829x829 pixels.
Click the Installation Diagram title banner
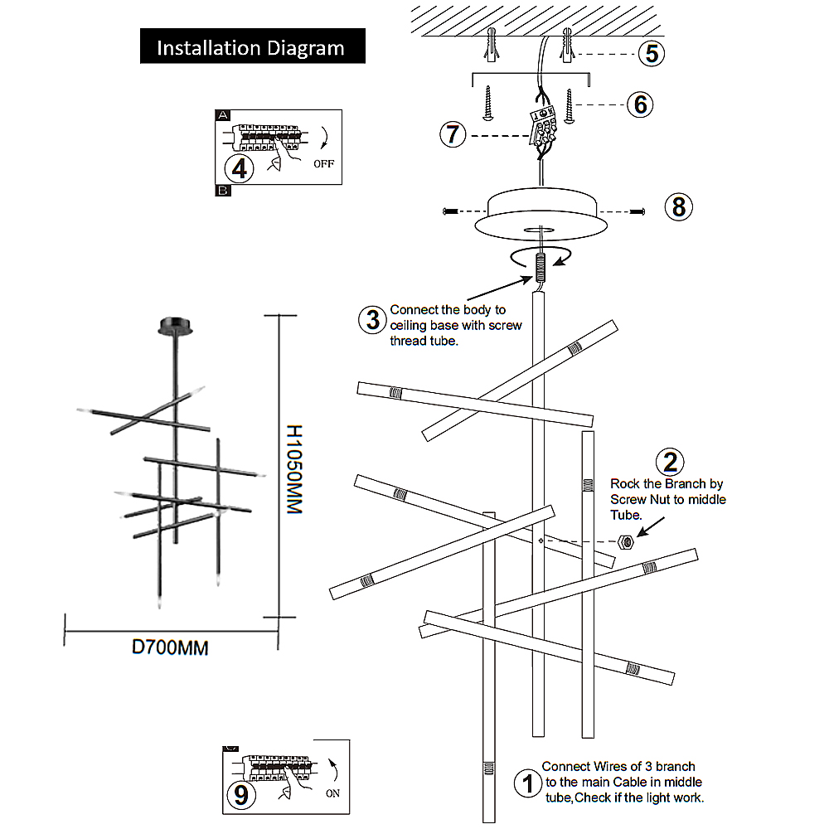pos(251,47)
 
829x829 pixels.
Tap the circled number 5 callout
pos(652,53)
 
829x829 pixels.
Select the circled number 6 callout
pos(640,104)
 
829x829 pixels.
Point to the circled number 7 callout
pos(452,134)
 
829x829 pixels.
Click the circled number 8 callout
pos(679,206)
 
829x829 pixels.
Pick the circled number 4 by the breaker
pos(240,168)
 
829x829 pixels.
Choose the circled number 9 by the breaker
pos(240,795)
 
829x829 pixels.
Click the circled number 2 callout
pos(670,462)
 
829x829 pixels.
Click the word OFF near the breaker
pos(323,163)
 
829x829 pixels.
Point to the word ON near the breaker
pos(332,793)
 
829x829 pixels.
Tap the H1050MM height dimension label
pos(293,469)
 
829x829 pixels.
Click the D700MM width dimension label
pos(171,647)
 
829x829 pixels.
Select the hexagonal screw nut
pos(628,542)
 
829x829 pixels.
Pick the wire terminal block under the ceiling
pos(544,127)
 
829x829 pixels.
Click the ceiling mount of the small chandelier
pos(176,325)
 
